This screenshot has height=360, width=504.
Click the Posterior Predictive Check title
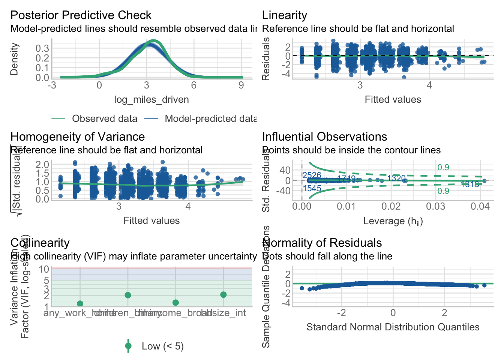[x=81, y=15]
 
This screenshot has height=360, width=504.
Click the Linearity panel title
[x=284, y=15]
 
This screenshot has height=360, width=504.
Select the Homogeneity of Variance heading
[x=77, y=137]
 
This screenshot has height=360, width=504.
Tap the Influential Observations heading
[x=324, y=137]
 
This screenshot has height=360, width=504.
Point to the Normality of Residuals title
[x=322, y=243]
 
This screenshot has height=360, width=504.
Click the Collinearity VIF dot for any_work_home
[x=80, y=303]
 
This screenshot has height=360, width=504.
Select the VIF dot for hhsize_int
[x=223, y=295]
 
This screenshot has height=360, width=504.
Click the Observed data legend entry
[x=104, y=119]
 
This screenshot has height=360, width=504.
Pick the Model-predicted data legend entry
[x=210, y=119]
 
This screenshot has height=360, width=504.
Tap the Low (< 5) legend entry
[x=162, y=346]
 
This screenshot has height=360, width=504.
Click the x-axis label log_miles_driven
[x=151, y=100]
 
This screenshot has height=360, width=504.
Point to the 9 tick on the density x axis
[x=241, y=85]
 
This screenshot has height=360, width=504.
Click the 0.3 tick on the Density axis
[x=42, y=48]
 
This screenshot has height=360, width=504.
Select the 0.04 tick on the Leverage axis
[x=480, y=207]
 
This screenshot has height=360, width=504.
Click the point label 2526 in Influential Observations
[x=312, y=175]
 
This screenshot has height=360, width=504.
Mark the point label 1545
[x=312, y=189]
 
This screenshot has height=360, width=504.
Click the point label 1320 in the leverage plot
[x=396, y=178]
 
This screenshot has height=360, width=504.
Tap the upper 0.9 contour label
[x=443, y=168]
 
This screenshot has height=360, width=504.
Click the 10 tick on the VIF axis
[x=44, y=269]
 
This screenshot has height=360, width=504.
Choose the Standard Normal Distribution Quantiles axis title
[x=393, y=327]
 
